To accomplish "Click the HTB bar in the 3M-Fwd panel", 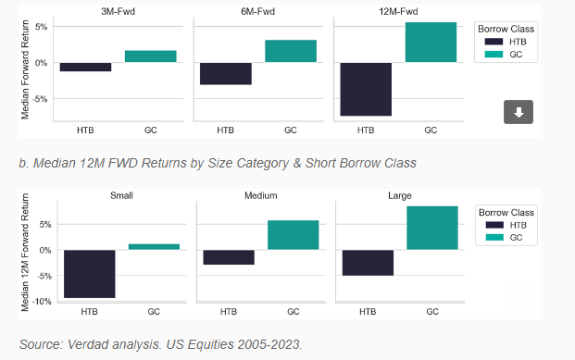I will [x=85, y=67].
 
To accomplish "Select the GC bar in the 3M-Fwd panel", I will [x=150, y=56].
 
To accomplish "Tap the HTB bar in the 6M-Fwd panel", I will [x=225, y=73].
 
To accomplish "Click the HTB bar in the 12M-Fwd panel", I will [x=366, y=89].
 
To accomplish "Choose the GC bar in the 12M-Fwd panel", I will [x=431, y=43].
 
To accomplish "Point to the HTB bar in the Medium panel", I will [x=228, y=257].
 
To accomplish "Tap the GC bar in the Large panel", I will [x=432, y=228].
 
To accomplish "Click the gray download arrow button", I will [x=519, y=112].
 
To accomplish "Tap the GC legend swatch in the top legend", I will [x=491, y=54].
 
